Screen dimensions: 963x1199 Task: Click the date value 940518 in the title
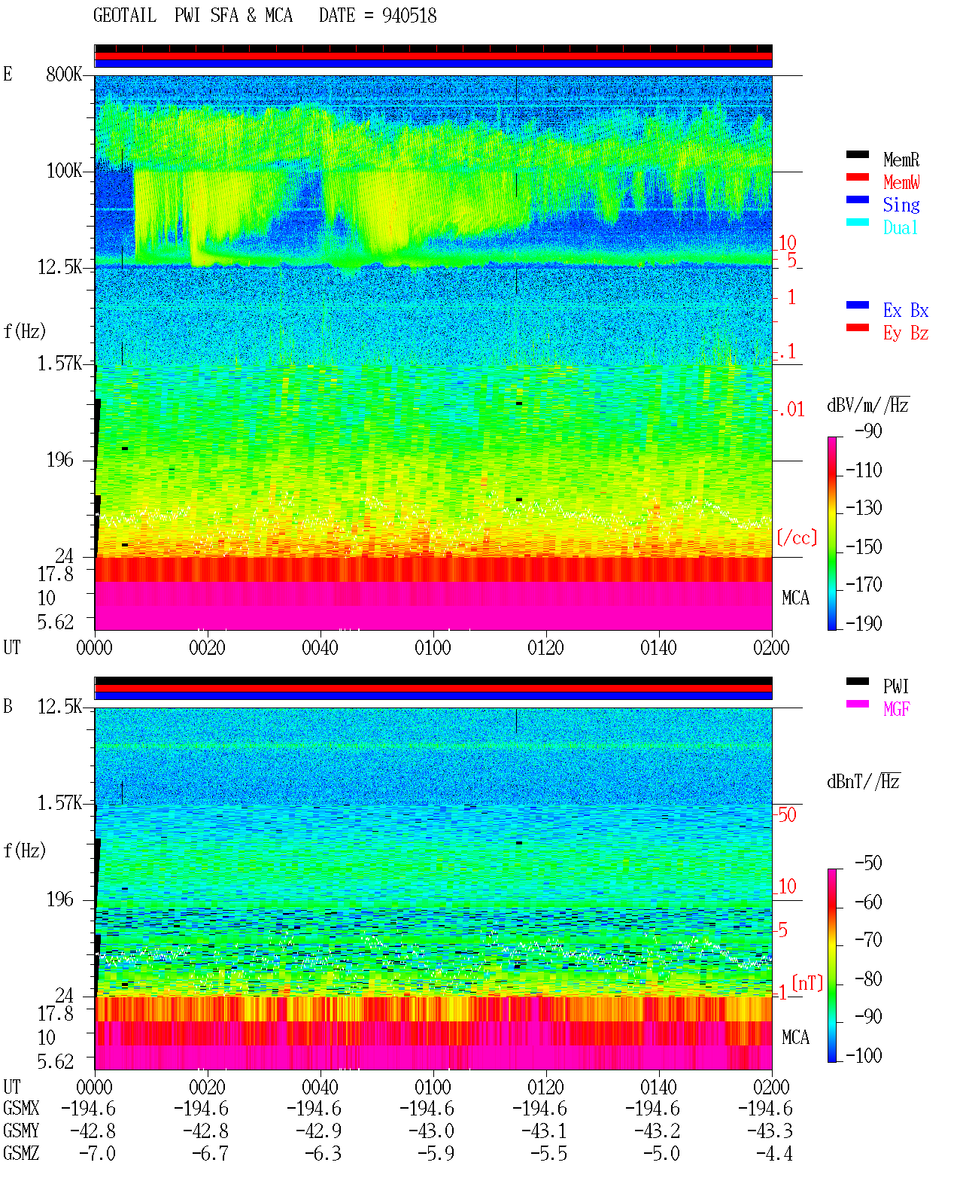[409, 16]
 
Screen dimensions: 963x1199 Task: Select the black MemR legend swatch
[857, 154]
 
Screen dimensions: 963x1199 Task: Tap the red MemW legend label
[901, 182]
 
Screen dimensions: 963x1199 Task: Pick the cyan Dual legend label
[900, 227]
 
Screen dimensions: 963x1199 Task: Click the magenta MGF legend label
[896, 709]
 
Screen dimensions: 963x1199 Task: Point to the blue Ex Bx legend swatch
[857, 305]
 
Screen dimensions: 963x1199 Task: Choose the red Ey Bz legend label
[906, 333]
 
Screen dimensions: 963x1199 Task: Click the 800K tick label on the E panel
[64, 74]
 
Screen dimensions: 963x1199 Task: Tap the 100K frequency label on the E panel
[64, 171]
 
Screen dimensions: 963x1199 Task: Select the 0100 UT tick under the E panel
[433, 648]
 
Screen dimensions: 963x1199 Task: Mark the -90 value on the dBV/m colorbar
[868, 431]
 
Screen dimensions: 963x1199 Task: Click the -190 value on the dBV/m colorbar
[864, 623]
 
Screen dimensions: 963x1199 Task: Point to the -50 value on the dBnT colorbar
[868, 863]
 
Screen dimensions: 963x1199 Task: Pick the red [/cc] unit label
[797, 537]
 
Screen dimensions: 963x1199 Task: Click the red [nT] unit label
[807, 983]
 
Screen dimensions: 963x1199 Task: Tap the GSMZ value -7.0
[97, 1153]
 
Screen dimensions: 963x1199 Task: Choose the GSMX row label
[21, 1108]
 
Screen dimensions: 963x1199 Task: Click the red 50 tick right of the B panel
[787, 815]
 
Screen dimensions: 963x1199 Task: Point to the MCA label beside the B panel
[795, 1037]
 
